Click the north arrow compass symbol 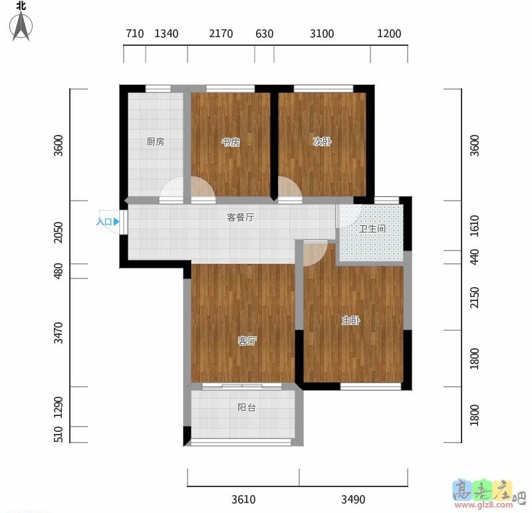[21, 26]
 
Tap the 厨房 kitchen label [156, 142]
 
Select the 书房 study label [231, 142]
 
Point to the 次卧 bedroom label [322, 142]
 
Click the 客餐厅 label [241, 217]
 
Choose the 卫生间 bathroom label [372, 229]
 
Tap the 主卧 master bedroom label [351, 320]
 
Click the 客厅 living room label [247, 341]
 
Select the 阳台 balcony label [247, 407]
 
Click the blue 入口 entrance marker [108, 222]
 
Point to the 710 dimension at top [135, 34]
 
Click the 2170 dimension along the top [221, 34]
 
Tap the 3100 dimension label [322, 34]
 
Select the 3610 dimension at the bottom [243, 500]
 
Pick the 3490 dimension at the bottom [353, 500]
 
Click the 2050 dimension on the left [59, 233]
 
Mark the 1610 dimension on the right [475, 226]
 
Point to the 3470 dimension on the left [59, 333]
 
